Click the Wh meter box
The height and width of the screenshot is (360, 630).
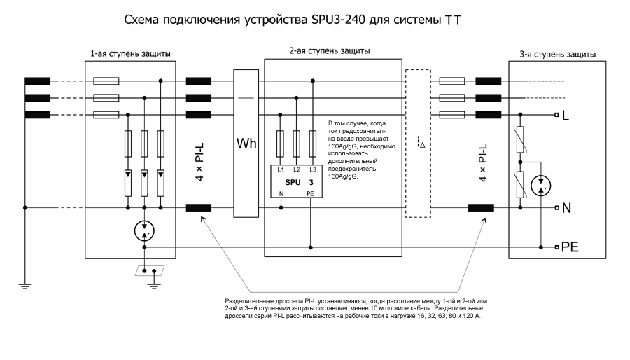tap(246, 144)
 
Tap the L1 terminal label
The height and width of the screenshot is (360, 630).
tap(280, 170)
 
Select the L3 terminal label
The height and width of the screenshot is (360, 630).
tap(312, 170)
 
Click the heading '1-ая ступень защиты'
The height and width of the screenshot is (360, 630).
tap(131, 54)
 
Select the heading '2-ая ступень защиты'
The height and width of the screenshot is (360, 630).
tap(330, 51)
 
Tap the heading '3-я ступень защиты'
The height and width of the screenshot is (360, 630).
tap(557, 54)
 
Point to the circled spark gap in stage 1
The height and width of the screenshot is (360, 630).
tap(145, 233)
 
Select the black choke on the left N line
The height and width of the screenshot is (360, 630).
tap(199, 207)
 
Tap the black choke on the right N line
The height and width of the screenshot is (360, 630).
tap(481, 207)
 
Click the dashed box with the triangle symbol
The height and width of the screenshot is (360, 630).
tap(418, 143)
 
